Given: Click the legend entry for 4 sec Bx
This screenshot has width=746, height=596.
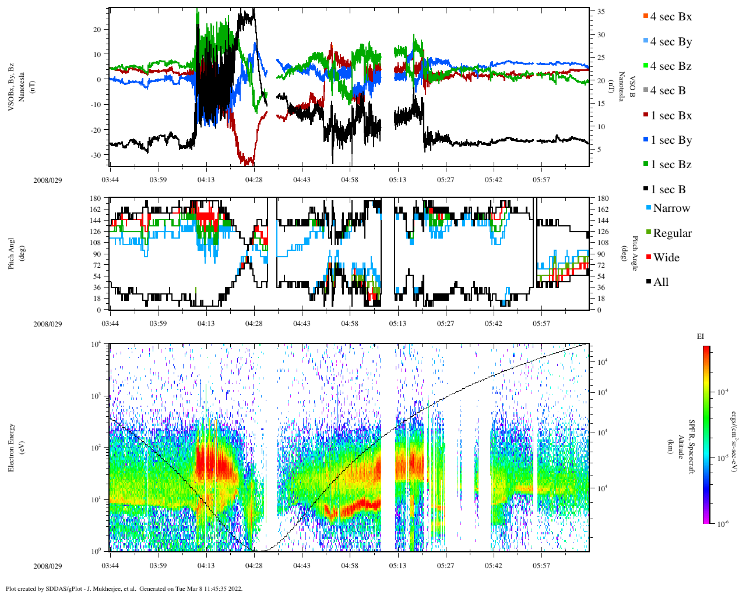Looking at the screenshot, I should point(670,17).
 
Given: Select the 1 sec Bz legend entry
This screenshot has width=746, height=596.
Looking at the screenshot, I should point(670,165).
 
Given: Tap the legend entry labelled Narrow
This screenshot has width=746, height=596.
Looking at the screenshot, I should point(671,208).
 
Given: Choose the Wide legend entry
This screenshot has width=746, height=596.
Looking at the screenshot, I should point(666,258).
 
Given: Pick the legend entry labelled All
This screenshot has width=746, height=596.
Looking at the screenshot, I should point(660,282).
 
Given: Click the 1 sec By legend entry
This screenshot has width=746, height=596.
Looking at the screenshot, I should point(670,140).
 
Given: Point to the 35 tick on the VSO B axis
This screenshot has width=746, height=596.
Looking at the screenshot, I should point(600,12).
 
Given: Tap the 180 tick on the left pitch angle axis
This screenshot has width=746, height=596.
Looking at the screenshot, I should point(96,198).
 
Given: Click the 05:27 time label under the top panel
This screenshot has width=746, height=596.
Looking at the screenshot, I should point(446,180).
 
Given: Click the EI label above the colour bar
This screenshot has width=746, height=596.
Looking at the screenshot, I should point(701,336).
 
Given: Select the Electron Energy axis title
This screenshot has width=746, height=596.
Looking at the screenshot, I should point(12,447).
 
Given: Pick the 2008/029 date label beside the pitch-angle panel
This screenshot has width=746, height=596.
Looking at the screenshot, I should point(47,324).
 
